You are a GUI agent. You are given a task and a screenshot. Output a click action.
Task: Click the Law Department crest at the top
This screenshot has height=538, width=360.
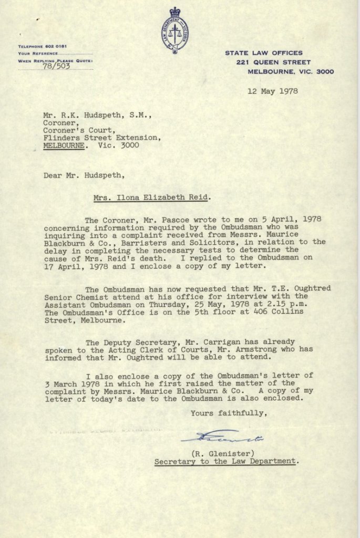tap(174, 30)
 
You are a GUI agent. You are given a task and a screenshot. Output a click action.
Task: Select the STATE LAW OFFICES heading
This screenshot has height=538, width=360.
tap(264, 53)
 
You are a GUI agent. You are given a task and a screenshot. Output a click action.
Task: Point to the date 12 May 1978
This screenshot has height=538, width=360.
tap(273, 91)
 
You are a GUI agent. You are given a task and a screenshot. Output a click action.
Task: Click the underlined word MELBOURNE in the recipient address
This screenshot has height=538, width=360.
tap(64, 146)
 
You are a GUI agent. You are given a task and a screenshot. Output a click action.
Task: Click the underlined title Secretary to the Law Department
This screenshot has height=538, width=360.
tap(226, 461)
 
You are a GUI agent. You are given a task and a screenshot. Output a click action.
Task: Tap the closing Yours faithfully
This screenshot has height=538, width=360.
tap(229, 413)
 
